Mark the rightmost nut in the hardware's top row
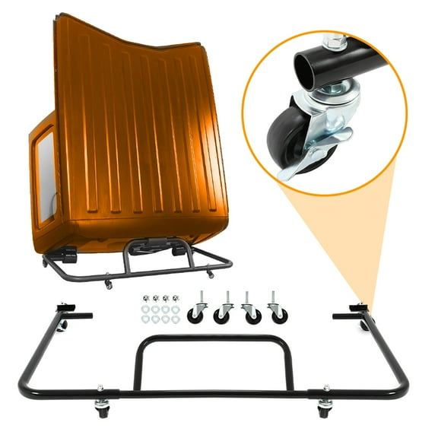click(x=176, y=299)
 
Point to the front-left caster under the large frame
click(x=102, y=408)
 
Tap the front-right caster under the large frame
click(x=325, y=408)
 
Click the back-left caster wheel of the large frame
click(x=62, y=326)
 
